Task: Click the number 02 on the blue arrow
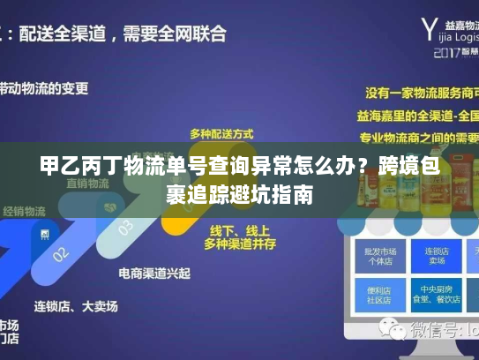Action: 60,254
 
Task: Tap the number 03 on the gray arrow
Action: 126,228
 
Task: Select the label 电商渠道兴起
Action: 153,273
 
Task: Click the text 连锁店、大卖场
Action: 75,306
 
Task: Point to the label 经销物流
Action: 24,212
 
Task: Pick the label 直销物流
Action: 86,184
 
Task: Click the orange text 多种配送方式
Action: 221,133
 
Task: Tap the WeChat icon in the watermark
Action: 388,331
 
